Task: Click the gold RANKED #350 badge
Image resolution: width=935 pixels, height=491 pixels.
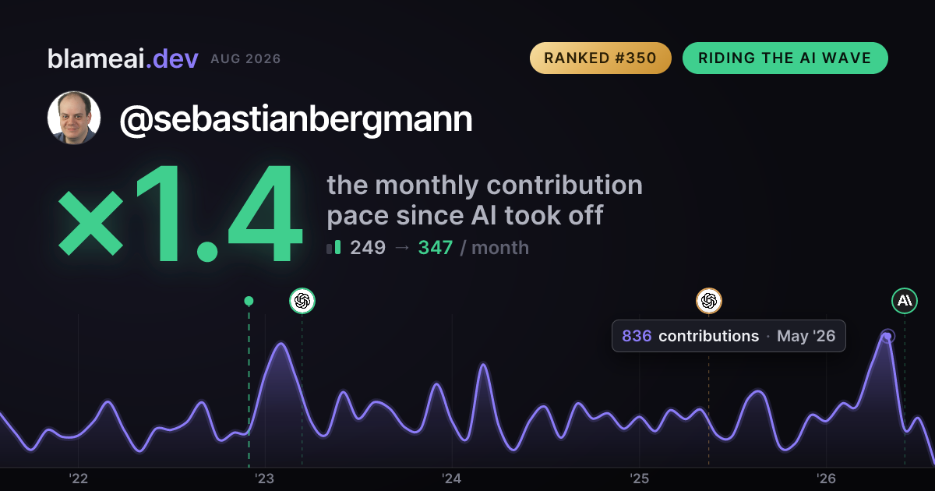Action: coord(600,58)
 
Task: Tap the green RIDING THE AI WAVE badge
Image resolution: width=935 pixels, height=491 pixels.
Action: coord(785,58)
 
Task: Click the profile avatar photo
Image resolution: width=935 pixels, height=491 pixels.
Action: coord(74,118)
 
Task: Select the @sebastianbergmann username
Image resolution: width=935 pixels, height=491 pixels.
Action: coord(296,119)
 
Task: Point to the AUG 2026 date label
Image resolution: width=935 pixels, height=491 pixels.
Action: coord(245,59)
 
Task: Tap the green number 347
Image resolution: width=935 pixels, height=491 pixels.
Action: coord(436,248)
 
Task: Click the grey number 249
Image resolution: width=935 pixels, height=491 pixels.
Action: coord(367,248)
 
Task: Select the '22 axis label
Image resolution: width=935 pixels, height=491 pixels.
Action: coord(78,479)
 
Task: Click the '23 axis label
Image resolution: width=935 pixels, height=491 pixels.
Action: coord(265,479)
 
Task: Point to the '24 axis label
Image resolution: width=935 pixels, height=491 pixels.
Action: coord(452,479)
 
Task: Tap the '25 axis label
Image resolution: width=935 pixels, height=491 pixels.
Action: coord(639,479)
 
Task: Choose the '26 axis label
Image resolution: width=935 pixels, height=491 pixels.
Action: coord(826,479)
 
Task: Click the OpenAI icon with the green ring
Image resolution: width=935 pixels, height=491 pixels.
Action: coord(302,301)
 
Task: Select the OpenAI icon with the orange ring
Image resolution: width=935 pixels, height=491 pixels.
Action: coord(709,301)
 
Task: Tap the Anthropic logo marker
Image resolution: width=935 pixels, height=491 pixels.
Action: coord(905,301)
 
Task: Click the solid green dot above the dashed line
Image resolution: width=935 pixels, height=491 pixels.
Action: coord(249,301)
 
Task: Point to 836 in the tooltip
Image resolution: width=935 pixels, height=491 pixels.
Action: coord(637,336)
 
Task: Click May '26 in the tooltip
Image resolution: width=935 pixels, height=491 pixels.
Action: coord(806,336)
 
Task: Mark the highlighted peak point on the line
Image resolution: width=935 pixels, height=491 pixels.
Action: coord(887,336)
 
